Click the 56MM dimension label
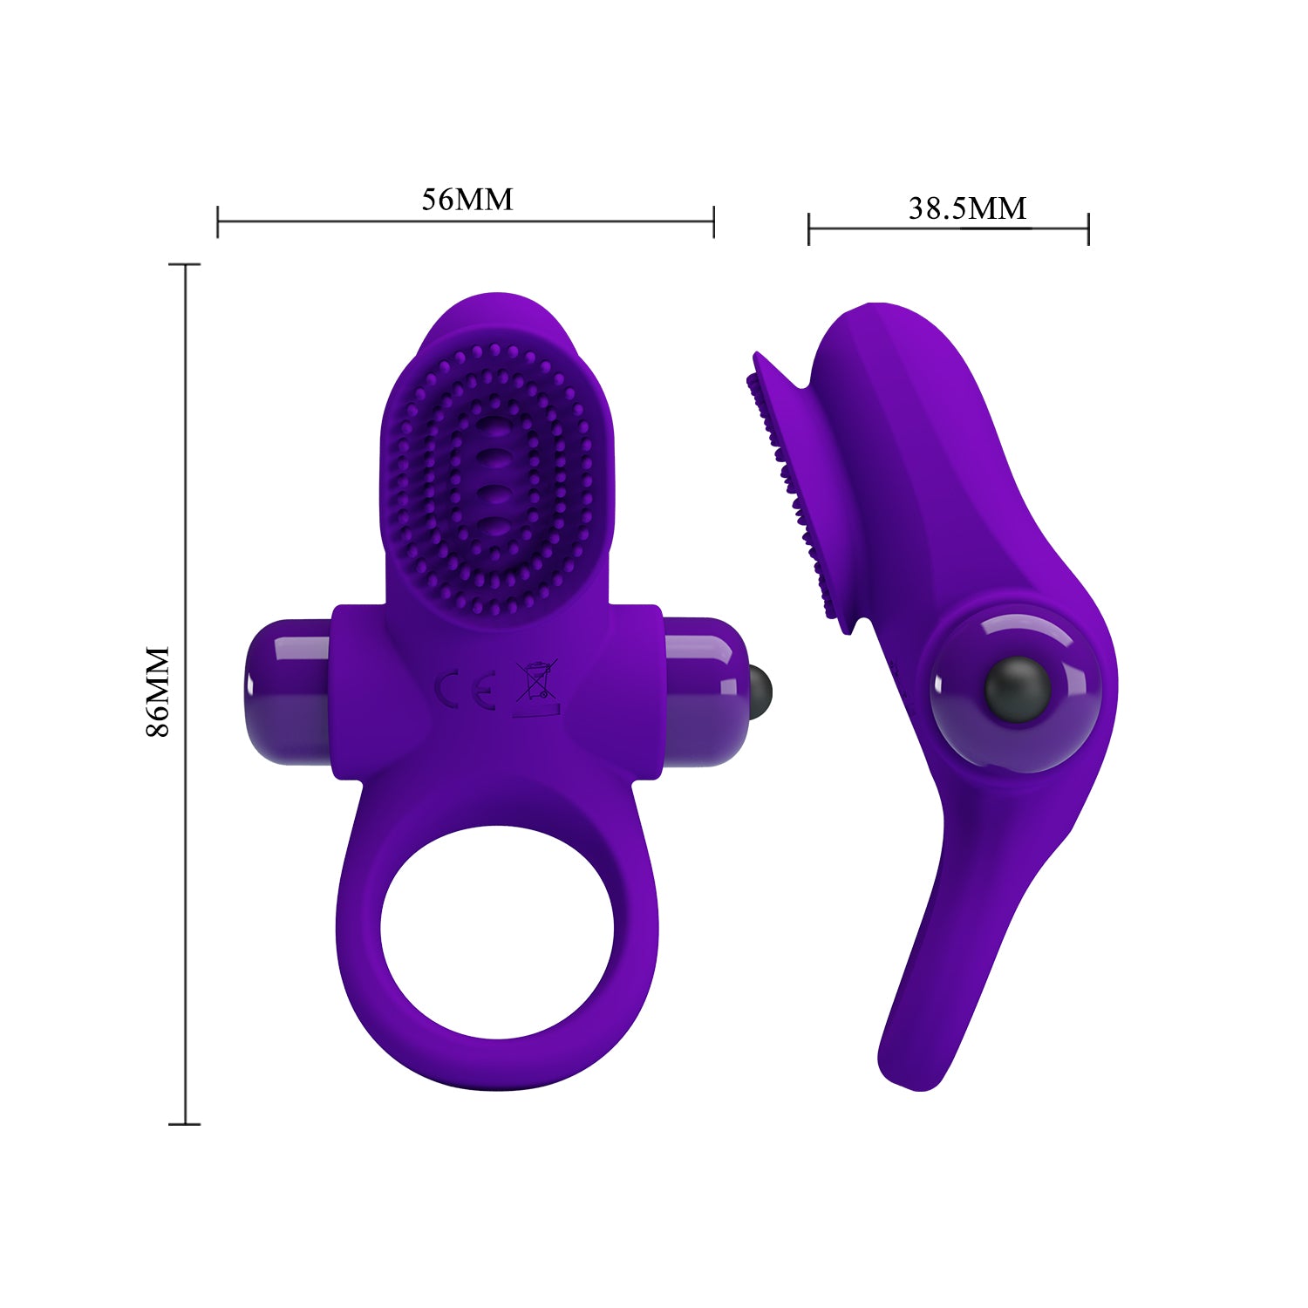(x=467, y=199)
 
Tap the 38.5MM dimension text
(x=967, y=208)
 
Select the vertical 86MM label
(x=158, y=691)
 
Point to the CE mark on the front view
(x=465, y=689)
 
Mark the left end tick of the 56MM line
(x=218, y=221)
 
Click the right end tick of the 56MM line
(x=713, y=221)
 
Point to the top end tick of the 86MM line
(x=185, y=264)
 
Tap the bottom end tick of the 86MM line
(x=185, y=1124)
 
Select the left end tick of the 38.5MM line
(x=809, y=228)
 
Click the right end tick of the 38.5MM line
(x=1088, y=228)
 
